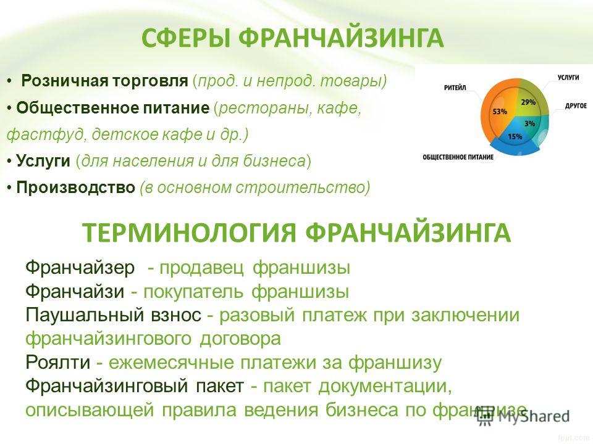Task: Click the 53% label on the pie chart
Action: tap(500, 112)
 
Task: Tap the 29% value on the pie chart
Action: tap(528, 102)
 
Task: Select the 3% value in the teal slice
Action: tap(530, 123)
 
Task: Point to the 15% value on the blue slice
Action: tap(515, 136)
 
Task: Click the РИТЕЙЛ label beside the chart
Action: tap(455, 88)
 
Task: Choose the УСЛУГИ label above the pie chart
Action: tap(568, 77)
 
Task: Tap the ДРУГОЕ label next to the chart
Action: tap(576, 105)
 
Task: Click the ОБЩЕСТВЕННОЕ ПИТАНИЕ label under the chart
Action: tap(458, 157)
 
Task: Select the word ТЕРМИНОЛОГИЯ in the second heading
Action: tap(189, 232)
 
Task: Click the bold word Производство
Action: tap(75, 187)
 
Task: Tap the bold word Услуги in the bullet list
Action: tap(43, 161)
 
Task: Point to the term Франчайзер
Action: tap(80, 268)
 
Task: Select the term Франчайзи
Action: tap(75, 291)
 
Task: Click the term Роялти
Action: tap(58, 362)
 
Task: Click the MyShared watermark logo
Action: tap(523, 417)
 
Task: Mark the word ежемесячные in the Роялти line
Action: tap(171, 363)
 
